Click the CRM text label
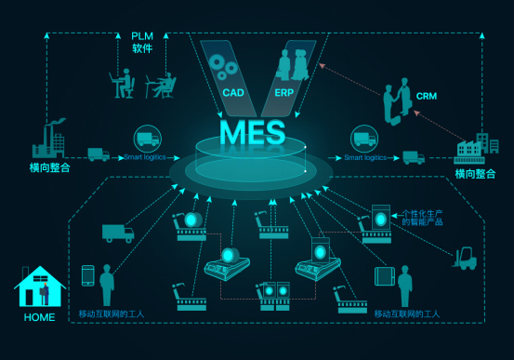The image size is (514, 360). [x=426, y=95]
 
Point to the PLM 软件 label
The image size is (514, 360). [x=142, y=42]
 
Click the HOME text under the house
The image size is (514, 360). [x=38, y=317]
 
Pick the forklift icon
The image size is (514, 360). [x=462, y=258]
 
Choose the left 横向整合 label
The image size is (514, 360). [x=49, y=168]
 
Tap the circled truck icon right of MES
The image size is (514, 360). [x=363, y=140]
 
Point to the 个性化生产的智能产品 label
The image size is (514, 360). [x=422, y=217]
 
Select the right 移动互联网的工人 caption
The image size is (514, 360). [x=407, y=313]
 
